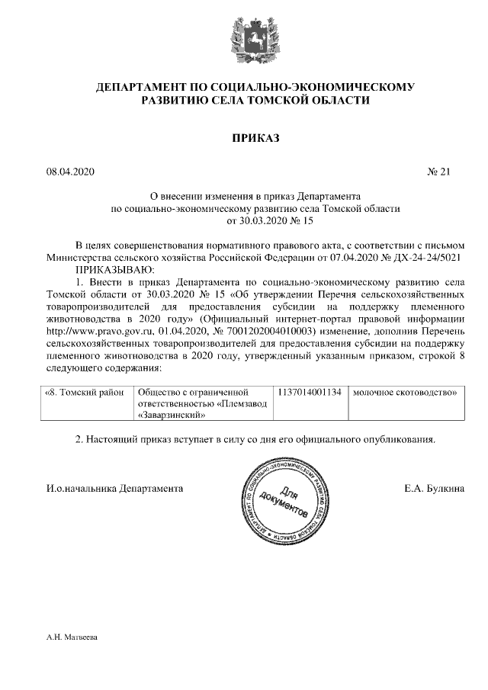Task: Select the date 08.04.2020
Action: [70, 172]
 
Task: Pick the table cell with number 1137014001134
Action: [310, 393]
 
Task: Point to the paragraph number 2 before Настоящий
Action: [79, 440]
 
